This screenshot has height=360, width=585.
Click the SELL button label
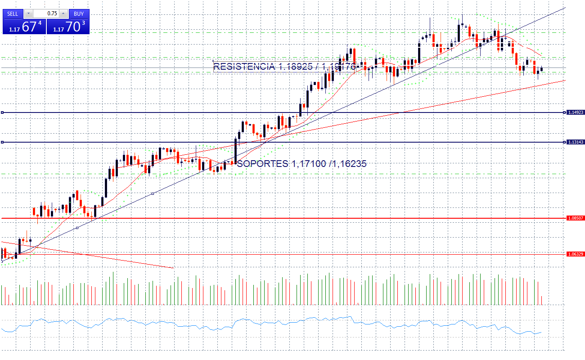[13, 13]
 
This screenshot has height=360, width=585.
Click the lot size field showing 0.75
[46, 13]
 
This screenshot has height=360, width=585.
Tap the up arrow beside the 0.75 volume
[63, 13]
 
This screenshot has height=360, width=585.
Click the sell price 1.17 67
[24, 27]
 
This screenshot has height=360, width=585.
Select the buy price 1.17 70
[68, 27]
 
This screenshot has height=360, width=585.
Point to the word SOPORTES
[262, 164]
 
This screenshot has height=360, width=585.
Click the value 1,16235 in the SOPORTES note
[349, 164]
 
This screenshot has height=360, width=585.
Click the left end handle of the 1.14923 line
[2, 112]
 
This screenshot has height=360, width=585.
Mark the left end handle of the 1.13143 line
[2, 142]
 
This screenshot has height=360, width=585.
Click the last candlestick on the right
[542, 69]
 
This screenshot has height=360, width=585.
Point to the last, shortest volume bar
[542, 300]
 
